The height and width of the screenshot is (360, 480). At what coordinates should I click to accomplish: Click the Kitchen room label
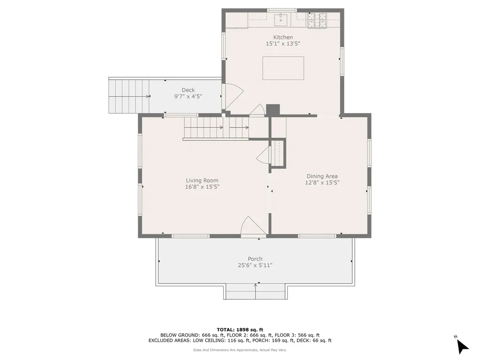click(283, 37)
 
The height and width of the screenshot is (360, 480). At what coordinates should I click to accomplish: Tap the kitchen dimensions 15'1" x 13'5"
click(283, 44)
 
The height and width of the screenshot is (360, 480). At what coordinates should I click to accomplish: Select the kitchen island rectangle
click(283, 68)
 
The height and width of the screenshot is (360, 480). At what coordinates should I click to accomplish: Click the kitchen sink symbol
click(281, 18)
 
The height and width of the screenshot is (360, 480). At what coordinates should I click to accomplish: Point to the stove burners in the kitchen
click(317, 21)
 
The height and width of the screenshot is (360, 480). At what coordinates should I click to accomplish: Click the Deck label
click(188, 90)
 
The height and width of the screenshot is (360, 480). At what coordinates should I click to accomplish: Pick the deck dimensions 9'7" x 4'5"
click(188, 97)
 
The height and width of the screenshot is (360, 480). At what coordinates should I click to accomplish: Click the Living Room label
click(202, 180)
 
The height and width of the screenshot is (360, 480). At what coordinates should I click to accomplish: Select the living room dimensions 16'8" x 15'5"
click(202, 187)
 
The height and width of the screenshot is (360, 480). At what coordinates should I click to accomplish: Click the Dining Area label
click(322, 176)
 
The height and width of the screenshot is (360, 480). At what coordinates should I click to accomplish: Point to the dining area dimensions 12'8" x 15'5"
click(322, 183)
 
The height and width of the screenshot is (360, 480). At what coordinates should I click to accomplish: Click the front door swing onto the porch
click(254, 226)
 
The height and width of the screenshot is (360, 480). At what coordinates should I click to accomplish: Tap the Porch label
click(255, 259)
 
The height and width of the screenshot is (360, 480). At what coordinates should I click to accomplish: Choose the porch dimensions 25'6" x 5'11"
click(255, 265)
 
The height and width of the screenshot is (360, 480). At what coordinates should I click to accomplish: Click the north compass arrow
click(462, 346)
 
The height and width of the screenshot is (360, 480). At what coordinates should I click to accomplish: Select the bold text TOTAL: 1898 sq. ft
click(240, 330)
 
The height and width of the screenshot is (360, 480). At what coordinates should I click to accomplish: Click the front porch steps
click(255, 292)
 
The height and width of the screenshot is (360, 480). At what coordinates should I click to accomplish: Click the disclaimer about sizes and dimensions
click(240, 350)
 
